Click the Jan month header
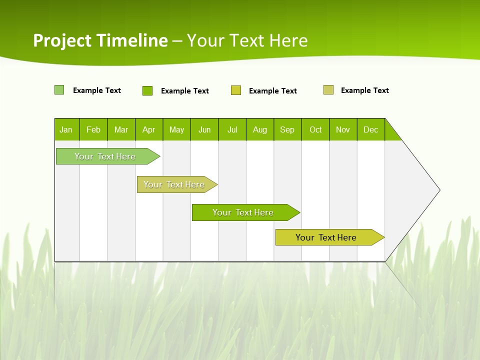tap(66, 129)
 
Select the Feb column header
tap(93, 129)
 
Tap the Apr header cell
tap(149, 129)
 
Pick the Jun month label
tap(204, 129)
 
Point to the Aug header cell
tap(260, 129)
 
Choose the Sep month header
tap(287, 129)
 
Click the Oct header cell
tap(315, 129)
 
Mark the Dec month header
tap(371, 129)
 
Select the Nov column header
tap(343, 129)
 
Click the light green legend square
tap(59, 90)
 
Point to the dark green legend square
tap(147, 90)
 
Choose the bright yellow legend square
tap(236, 90)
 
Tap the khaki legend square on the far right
tap(328, 90)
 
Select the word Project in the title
tap(62, 40)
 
